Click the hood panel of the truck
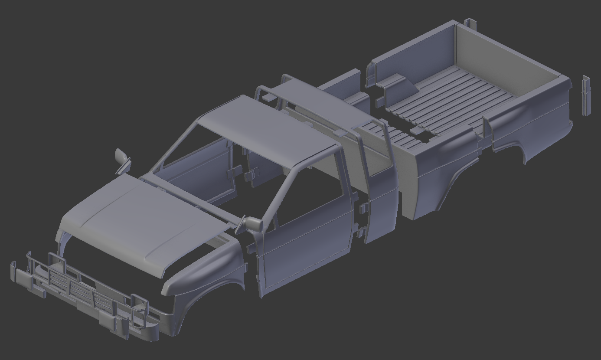(143, 221)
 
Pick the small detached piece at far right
(586, 95)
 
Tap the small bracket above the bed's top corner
(470, 23)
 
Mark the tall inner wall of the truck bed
(499, 56)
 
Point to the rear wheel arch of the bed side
(460, 182)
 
